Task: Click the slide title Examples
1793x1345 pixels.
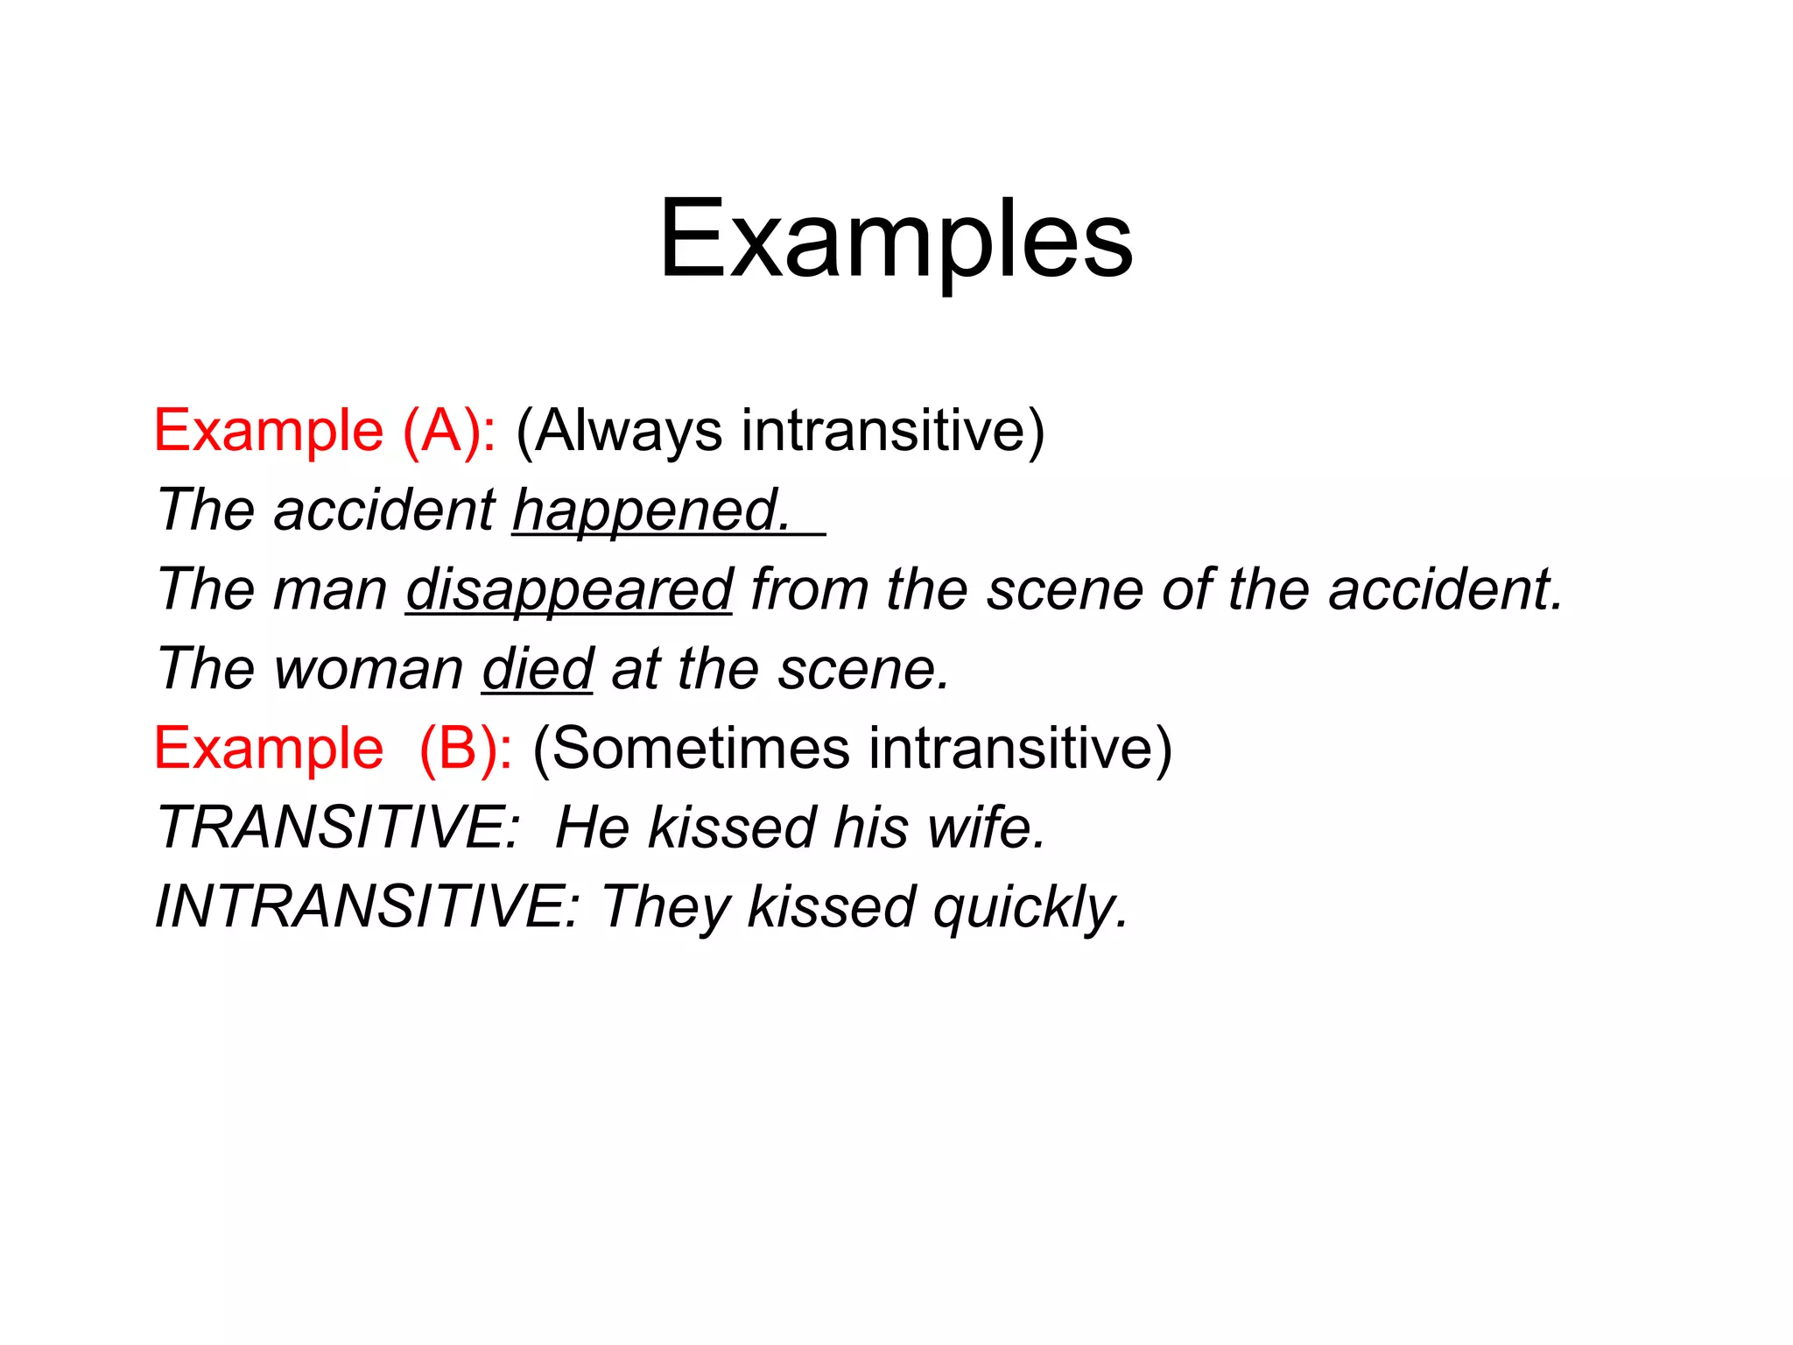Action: pyautogui.click(x=896, y=240)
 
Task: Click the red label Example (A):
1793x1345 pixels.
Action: pyautogui.click(x=325, y=431)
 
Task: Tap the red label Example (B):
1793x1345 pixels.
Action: pyautogui.click(x=333, y=749)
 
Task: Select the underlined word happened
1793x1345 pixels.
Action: pyautogui.click(x=651, y=510)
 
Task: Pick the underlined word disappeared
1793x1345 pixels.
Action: pyautogui.click(x=569, y=589)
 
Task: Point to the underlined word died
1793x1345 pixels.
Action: pyautogui.click(x=537, y=669)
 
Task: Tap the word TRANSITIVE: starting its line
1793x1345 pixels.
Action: pyautogui.click(x=338, y=827)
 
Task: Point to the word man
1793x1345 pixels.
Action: pyautogui.click(x=330, y=590)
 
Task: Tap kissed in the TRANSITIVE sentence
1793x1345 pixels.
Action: pyautogui.click(x=731, y=827)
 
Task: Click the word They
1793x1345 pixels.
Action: pyautogui.click(x=664, y=907)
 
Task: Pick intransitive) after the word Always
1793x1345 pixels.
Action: pyautogui.click(x=893, y=431)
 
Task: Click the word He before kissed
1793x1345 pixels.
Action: pyautogui.click(x=592, y=827)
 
